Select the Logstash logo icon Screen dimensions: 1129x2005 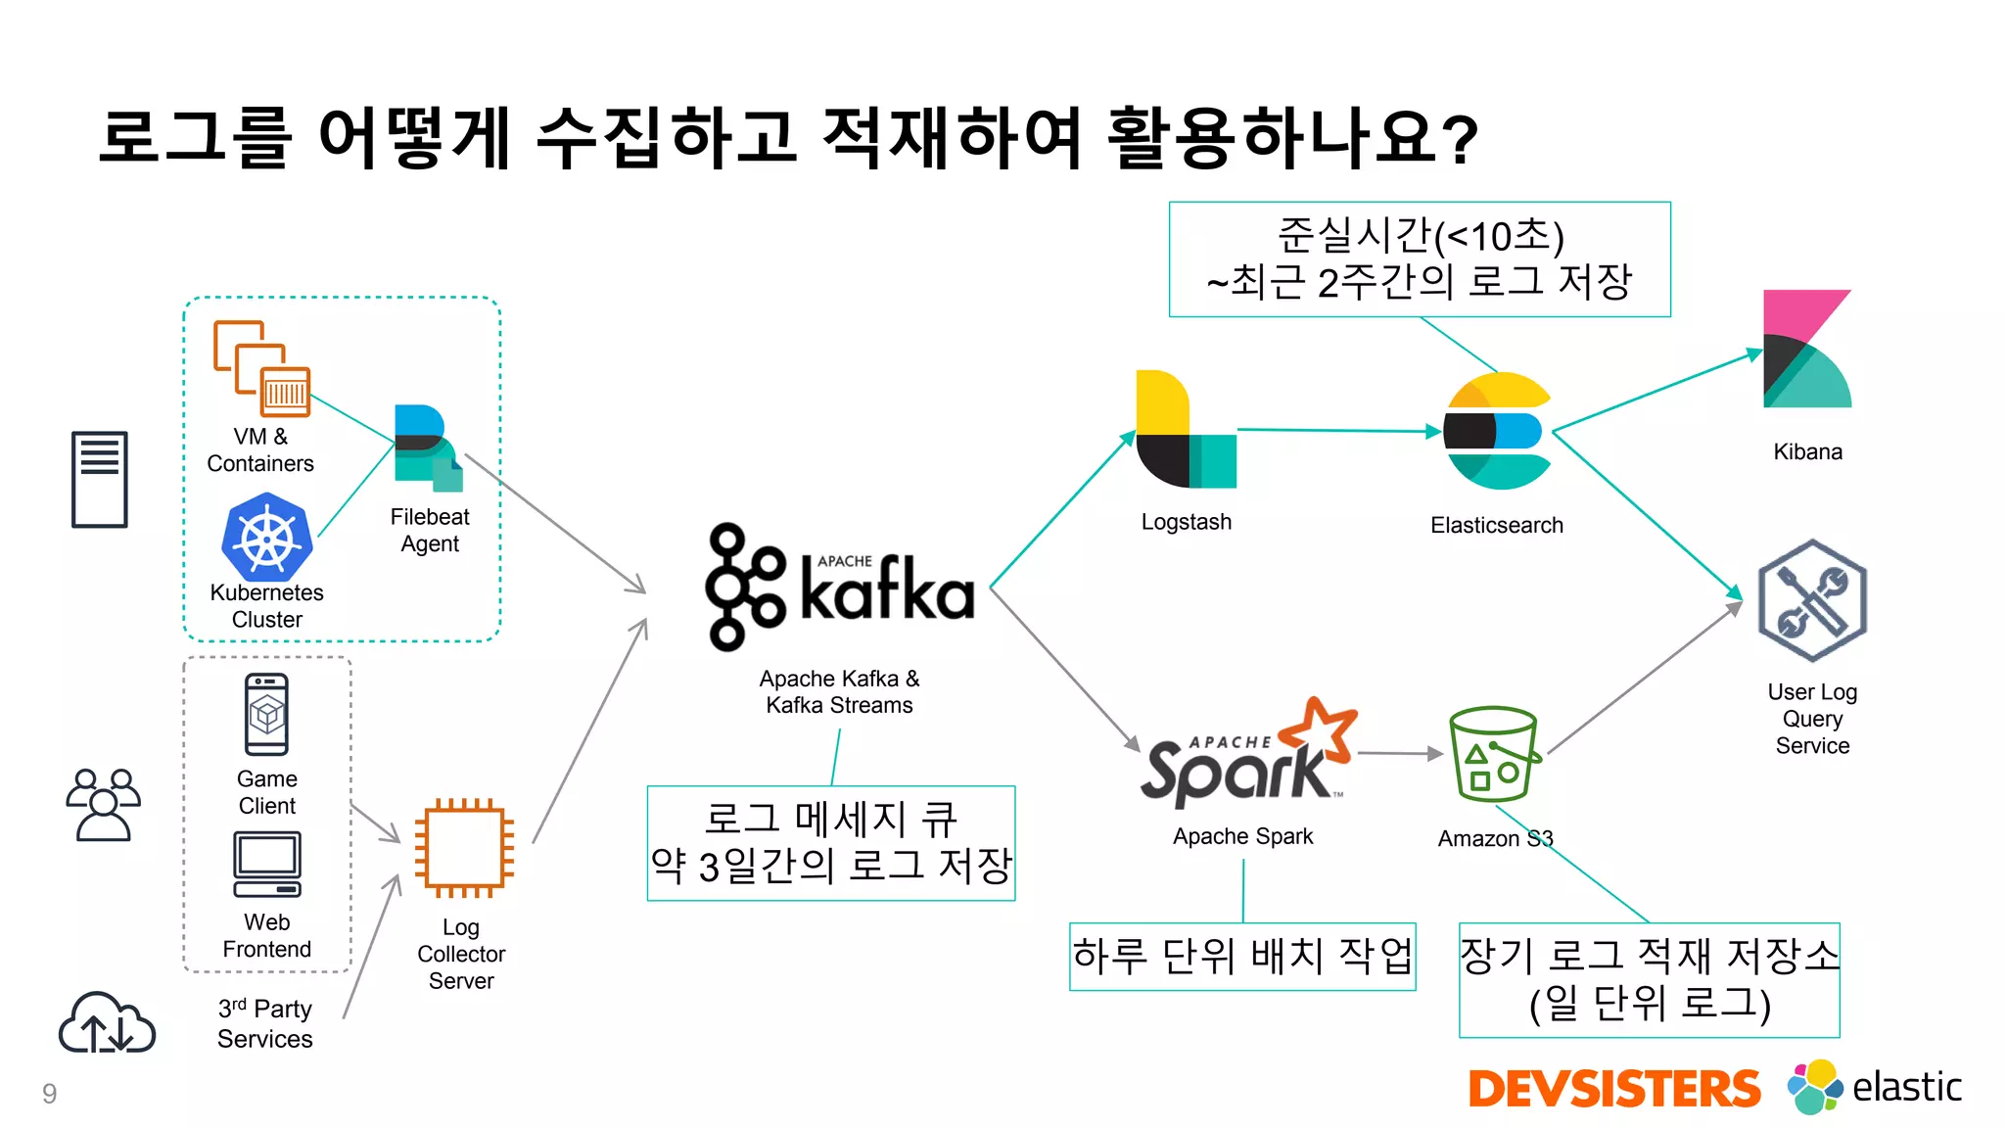coord(1185,431)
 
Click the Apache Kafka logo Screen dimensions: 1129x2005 coord(840,588)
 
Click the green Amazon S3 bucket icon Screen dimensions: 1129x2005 coord(1494,754)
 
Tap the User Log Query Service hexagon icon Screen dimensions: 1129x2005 coord(1812,601)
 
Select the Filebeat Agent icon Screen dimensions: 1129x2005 coord(427,448)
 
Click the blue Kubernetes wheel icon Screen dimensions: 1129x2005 coord(266,538)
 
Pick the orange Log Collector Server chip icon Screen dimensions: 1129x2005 coord(464,848)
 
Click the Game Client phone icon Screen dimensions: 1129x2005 coord(266,715)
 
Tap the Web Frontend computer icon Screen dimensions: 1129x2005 coord(266,865)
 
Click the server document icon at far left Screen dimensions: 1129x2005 coord(99,479)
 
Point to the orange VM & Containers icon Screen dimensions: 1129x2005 coord(261,368)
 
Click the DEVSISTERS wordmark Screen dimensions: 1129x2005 coord(1613,1089)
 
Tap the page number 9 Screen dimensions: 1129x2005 coord(49,1094)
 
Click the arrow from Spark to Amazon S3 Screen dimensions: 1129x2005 coord(1400,753)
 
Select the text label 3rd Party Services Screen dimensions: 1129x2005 coord(264,1023)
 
